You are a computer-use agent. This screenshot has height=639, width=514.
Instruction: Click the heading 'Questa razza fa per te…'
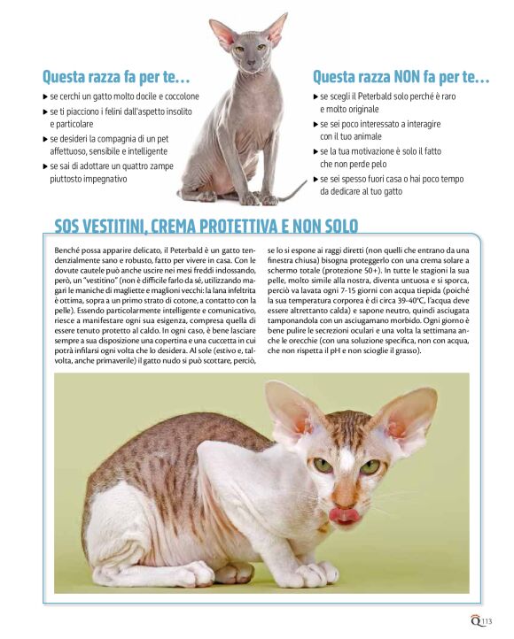tap(116, 77)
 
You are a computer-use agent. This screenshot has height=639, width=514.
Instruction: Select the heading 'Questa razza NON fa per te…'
tap(401, 77)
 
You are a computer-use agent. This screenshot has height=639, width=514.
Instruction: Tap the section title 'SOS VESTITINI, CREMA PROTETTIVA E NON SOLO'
tap(206, 226)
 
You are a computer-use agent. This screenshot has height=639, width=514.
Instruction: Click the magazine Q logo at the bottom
tap(476, 620)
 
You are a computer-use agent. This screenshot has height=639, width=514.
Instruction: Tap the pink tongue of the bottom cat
tap(344, 514)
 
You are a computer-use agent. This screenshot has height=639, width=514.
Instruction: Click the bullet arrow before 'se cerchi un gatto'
tap(45, 96)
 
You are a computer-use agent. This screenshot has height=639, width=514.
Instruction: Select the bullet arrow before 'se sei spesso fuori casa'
tap(315, 180)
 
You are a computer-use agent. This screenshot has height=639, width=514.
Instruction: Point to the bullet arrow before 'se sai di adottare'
tap(45, 166)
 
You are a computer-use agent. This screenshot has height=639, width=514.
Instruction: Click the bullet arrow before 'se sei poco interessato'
tap(315, 125)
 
